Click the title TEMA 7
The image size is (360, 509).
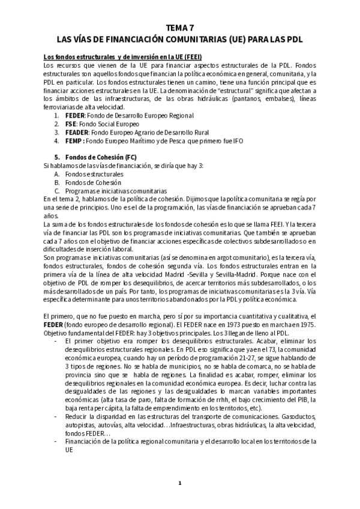coord(180,28)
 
